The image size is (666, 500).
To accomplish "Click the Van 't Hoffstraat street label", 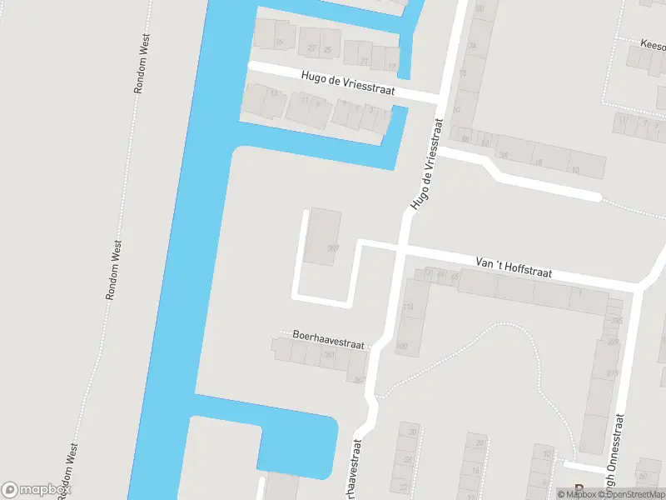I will (x=514, y=267).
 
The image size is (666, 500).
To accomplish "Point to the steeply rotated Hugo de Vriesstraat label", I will (x=425, y=162).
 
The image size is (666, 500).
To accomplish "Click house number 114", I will (x=408, y=307).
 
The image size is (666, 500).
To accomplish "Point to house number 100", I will (x=403, y=346).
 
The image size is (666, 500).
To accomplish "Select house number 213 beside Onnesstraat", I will (x=613, y=372).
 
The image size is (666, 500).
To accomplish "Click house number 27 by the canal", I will (x=364, y=61).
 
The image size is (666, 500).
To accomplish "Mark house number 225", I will (x=616, y=320).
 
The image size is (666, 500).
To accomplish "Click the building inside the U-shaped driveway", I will (x=322, y=237).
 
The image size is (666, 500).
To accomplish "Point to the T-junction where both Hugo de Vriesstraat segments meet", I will (x=439, y=98).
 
